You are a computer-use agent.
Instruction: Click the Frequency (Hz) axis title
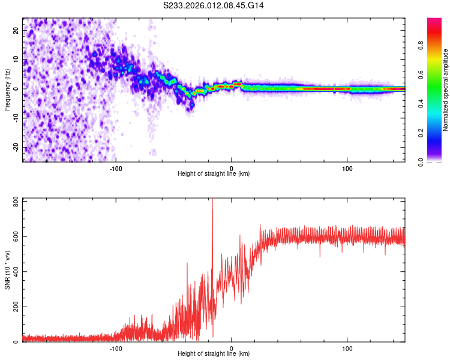point(7,89)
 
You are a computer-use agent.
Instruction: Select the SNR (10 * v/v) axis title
point(7,269)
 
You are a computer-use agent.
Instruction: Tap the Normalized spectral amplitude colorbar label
point(446,90)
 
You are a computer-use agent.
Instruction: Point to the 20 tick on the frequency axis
point(17,30)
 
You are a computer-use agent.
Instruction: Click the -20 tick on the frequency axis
point(16,147)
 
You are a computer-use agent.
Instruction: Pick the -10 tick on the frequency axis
point(16,118)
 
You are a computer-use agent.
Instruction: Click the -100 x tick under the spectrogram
point(116,167)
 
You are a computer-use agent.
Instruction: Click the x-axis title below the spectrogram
point(214,174)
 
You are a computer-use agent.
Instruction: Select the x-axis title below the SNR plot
point(214,354)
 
